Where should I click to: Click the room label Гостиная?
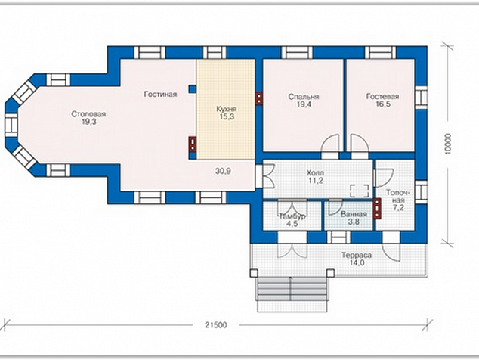pos(160,95)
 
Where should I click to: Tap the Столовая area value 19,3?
pos(89,122)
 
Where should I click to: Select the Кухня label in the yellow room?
pos(227,109)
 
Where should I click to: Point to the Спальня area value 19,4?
pos(304,104)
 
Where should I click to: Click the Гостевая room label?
pos(382,97)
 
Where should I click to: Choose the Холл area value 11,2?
pos(316,181)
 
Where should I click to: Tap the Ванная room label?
pos(354,214)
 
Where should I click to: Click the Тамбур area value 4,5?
pos(292,224)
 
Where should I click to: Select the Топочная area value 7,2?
pos(398,208)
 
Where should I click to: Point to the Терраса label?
pos(356,255)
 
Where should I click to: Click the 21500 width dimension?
pos(216,325)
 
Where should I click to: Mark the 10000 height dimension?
pos(447,144)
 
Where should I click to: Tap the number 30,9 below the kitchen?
pos(223,171)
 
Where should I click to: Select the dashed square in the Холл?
pos(360,191)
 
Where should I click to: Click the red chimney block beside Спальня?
pos(259,98)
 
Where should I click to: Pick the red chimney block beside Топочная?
pos(378,209)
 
